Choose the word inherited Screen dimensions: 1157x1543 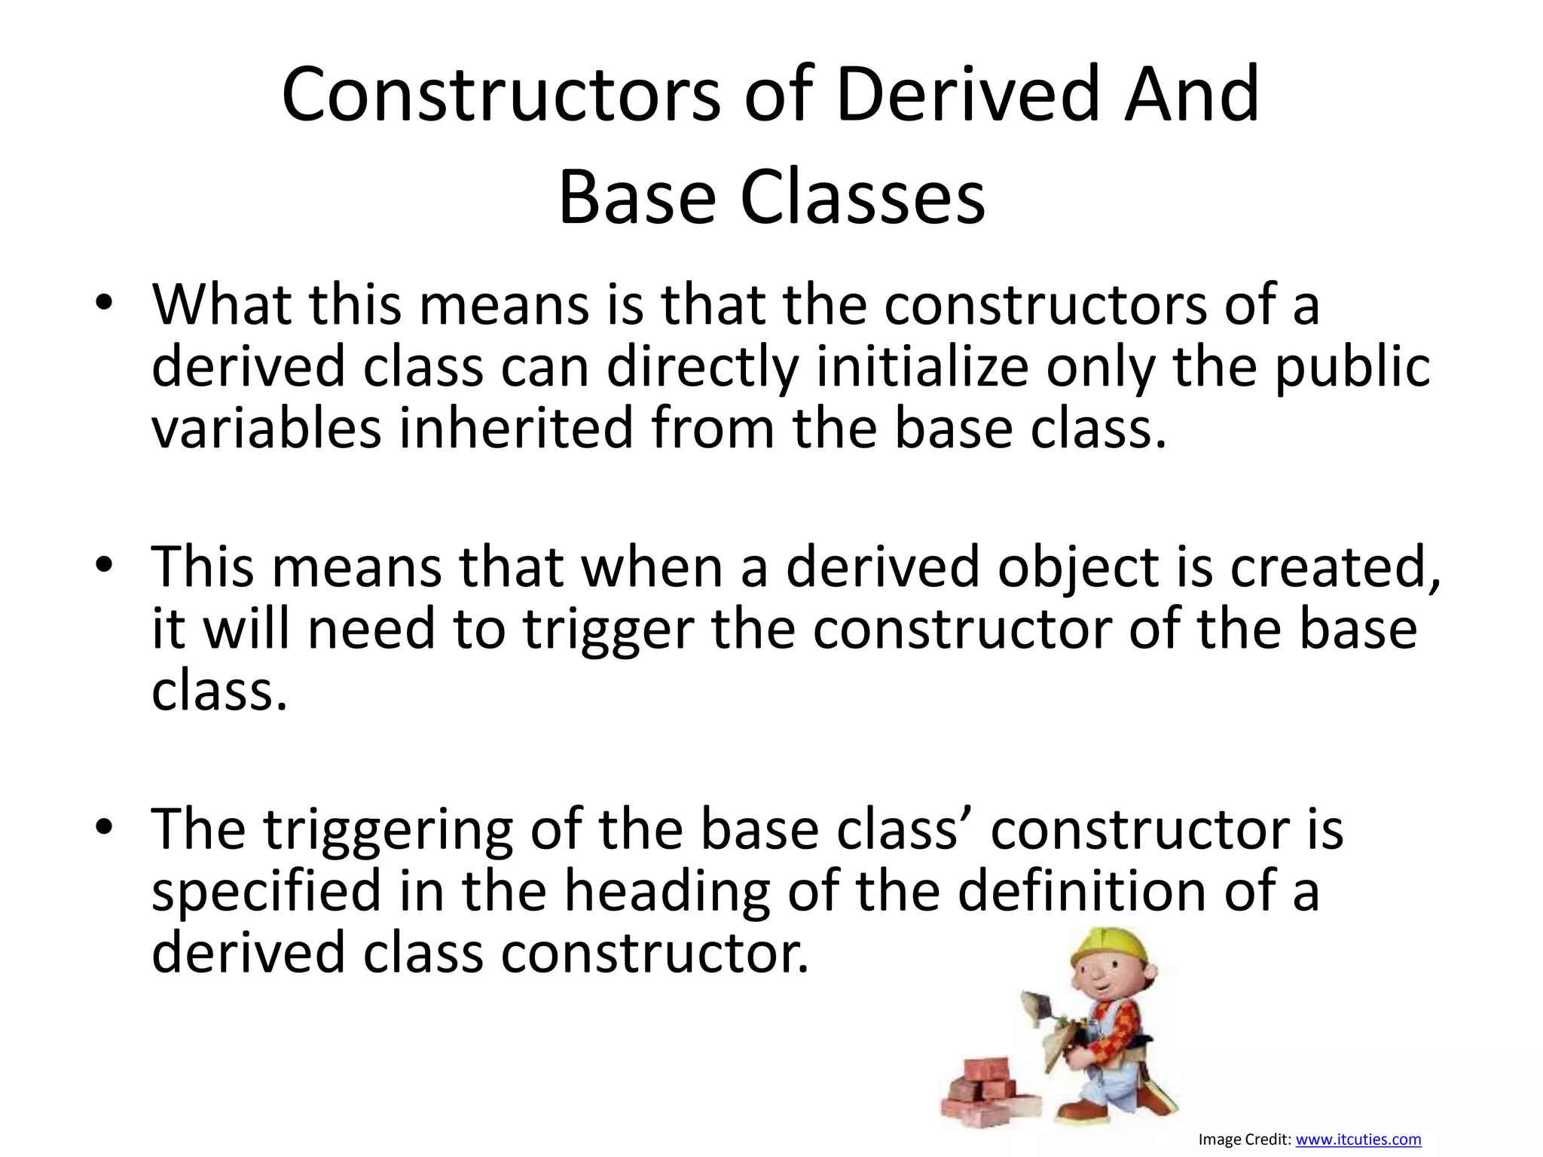tap(515, 429)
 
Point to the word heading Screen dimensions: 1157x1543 tap(667, 892)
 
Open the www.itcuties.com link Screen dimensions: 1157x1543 tap(1358, 1140)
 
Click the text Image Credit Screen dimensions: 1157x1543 tap(1244, 1140)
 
